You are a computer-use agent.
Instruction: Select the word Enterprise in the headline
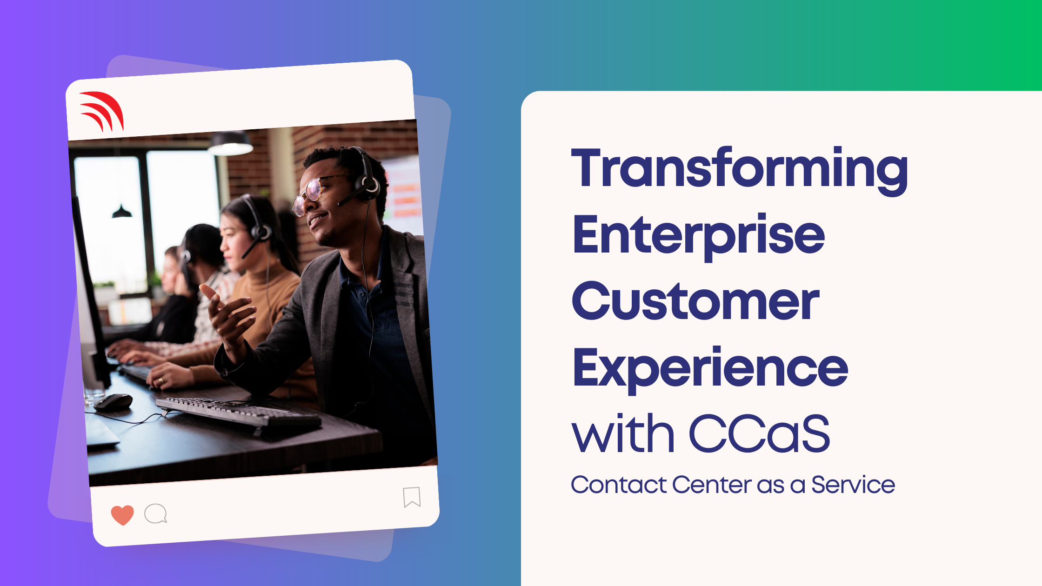tap(699, 237)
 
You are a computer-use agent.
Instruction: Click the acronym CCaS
tap(759, 433)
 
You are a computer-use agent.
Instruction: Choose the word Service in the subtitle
tap(853, 485)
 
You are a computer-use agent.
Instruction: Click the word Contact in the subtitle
tap(619, 485)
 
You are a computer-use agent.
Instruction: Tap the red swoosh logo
tap(102, 111)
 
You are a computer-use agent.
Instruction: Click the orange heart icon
tap(122, 515)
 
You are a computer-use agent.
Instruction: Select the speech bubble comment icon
tap(155, 514)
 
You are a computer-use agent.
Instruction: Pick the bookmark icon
tap(412, 497)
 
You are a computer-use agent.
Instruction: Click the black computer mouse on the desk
tap(114, 402)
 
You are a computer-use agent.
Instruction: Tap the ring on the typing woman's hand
tap(161, 381)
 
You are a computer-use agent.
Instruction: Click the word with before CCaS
tap(623, 433)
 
